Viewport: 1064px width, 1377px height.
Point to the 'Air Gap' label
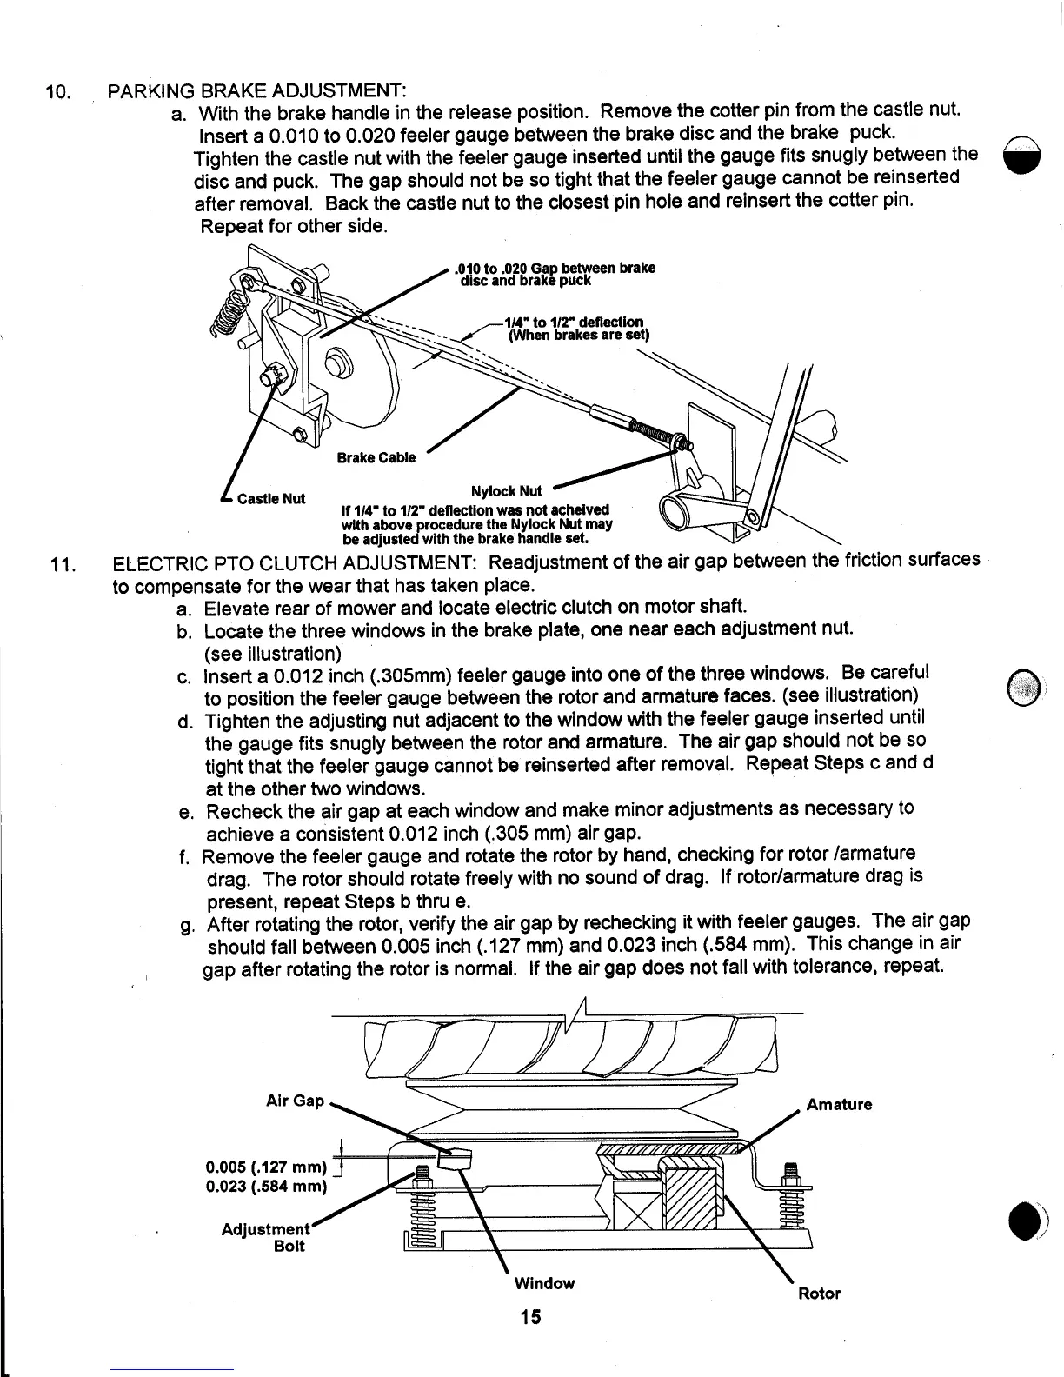point(295,1101)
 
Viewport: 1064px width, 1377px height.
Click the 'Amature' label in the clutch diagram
point(839,1105)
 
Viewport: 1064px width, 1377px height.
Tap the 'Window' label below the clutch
point(544,1282)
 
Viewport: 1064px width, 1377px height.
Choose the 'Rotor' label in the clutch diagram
point(819,1293)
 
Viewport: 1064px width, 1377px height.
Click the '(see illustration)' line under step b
point(272,653)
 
